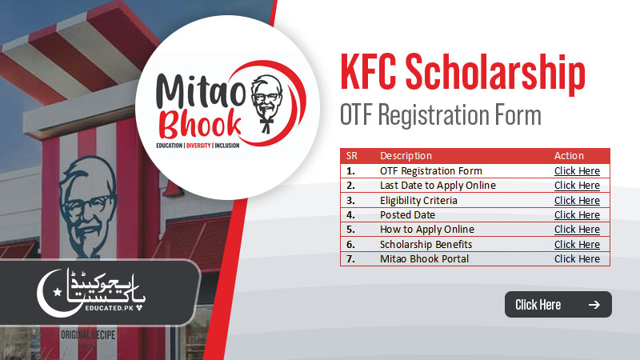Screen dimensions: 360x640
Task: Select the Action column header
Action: click(x=569, y=156)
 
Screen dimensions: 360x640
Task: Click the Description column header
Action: click(x=406, y=156)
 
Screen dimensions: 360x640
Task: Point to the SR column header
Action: click(x=352, y=156)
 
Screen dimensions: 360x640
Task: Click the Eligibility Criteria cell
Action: click(x=418, y=200)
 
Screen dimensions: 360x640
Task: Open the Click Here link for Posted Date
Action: click(x=577, y=215)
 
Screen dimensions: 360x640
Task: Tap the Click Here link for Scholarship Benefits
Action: click(x=577, y=244)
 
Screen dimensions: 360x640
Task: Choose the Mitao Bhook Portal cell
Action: click(x=424, y=259)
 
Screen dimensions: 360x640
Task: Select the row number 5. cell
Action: click(x=350, y=230)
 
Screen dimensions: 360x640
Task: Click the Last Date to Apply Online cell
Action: click(x=438, y=186)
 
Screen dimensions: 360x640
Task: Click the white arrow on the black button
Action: click(x=594, y=305)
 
